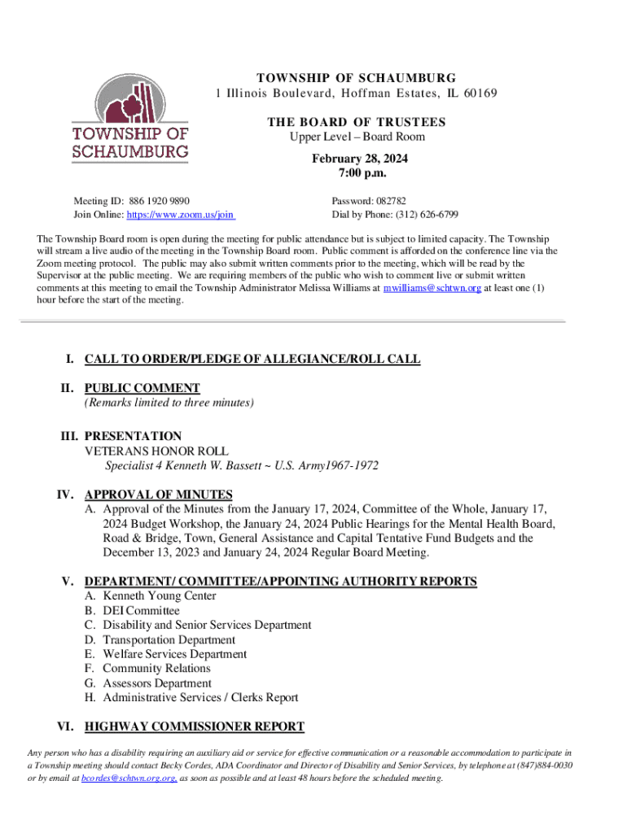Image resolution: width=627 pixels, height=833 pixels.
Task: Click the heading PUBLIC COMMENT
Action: (x=142, y=388)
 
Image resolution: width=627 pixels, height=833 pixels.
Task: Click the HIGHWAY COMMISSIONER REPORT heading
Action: (x=194, y=726)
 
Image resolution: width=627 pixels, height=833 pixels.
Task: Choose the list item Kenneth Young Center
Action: (x=160, y=596)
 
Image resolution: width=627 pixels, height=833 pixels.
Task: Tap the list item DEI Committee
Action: (x=141, y=611)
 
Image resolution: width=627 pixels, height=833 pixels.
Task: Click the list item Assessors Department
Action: (x=157, y=683)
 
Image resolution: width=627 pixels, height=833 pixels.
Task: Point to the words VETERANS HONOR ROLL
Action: (x=156, y=451)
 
